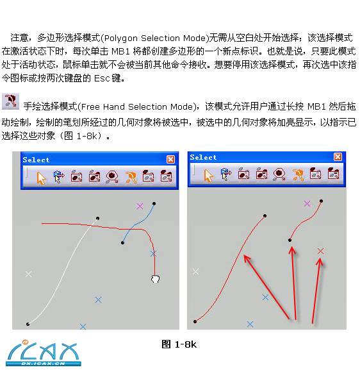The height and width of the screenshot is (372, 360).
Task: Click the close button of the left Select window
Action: click(x=170, y=159)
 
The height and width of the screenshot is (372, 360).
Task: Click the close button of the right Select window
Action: click(x=338, y=157)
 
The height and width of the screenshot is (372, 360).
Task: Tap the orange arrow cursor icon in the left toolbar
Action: click(x=41, y=178)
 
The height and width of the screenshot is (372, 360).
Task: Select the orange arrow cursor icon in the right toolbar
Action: click(x=208, y=175)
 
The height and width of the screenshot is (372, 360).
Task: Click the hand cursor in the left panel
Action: click(x=155, y=279)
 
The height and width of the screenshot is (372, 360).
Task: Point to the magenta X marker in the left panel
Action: click(x=140, y=206)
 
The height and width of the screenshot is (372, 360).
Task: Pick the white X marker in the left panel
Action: click(x=28, y=275)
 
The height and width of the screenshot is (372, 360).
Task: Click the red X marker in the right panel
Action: click(x=320, y=251)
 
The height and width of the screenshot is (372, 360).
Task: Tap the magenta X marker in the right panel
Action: click(x=307, y=203)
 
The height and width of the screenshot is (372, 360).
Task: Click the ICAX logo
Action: click(x=44, y=353)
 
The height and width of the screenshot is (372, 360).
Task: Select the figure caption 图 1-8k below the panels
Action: click(x=179, y=344)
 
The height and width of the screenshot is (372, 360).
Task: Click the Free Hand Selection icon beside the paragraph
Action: click(x=10, y=101)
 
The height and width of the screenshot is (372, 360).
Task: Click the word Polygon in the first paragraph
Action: click(x=121, y=38)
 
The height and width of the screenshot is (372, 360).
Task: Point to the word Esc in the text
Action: click(x=102, y=78)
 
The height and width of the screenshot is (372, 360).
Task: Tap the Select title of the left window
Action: click(x=36, y=160)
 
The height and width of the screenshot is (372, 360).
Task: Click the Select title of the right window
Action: click(x=203, y=157)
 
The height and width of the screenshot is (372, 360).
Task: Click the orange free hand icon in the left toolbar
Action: click(x=131, y=178)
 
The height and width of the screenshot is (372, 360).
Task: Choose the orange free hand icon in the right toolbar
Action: click(x=298, y=175)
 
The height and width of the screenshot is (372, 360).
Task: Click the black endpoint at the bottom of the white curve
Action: click(x=28, y=324)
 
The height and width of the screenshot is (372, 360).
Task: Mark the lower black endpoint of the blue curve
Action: click(x=122, y=242)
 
